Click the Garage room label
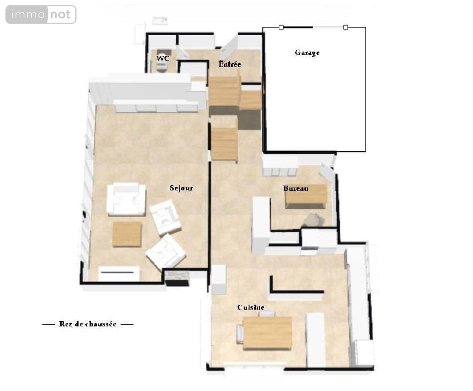point(307,53)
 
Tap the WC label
point(163,58)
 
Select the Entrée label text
point(230,64)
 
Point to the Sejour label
point(181,188)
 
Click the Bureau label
point(296,189)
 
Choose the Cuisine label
point(250,308)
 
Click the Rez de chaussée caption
point(88,324)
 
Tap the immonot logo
point(41,14)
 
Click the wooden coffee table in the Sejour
point(127,234)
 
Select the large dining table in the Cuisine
point(268,333)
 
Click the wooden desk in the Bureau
point(306,196)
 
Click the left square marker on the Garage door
point(281,27)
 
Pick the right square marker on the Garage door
point(345,27)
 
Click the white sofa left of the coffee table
point(126,199)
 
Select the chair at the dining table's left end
point(240,334)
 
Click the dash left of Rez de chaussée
point(48,324)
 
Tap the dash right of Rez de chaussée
point(127,324)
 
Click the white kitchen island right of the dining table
point(316,340)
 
